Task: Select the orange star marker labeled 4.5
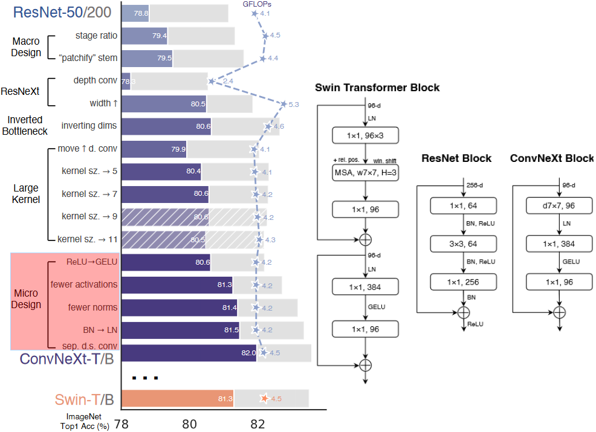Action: pyautogui.click(x=264, y=399)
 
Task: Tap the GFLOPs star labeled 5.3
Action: pyautogui.click(x=283, y=105)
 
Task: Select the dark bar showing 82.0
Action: pyautogui.click(x=189, y=353)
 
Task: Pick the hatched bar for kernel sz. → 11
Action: pyautogui.click(x=164, y=240)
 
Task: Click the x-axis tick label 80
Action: pyautogui.click(x=190, y=424)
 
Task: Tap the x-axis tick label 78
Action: pyautogui.click(x=122, y=424)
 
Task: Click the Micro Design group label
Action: pyautogui.click(x=27, y=299)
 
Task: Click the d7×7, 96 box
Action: pyautogui.click(x=559, y=206)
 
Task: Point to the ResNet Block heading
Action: pyautogui.click(x=456, y=158)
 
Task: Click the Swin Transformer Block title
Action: pyautogui.click(x=377, y=88)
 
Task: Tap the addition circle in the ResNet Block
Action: pyautogui.click(x=463, y=312)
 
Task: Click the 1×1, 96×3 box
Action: pyautogui.click(x=365, y=136)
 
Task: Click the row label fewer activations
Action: pyautogui.click(x=84, y=285)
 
